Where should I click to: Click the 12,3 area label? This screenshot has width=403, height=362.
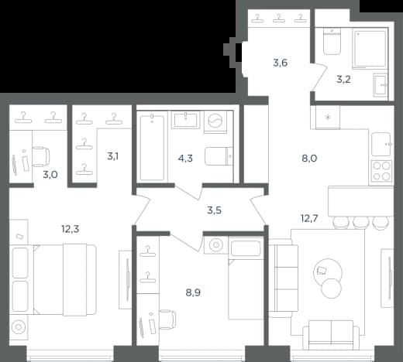(71, 229)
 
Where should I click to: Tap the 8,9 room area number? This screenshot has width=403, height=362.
(193, 292)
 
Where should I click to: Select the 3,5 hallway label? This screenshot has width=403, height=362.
(214, 210)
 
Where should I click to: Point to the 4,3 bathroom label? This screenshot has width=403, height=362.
(185, 158)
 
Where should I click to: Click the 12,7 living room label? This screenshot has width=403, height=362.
(309, 219)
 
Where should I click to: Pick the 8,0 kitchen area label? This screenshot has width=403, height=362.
(309, 159)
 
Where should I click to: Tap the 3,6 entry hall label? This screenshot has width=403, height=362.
(281, 63)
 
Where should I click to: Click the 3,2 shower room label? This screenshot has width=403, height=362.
(343, 80)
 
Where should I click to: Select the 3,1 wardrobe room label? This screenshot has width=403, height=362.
(113, 156)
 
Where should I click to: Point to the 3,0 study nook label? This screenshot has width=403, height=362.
(50, 175)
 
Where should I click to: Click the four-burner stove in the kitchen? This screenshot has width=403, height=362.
(381, 170)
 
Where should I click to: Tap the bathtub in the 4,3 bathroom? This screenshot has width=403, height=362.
(152, 148)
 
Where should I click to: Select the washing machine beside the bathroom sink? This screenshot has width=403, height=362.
(215, 122)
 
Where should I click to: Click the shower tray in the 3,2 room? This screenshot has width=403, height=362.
(371, 49)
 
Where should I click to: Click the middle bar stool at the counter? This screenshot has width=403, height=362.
(361, 222)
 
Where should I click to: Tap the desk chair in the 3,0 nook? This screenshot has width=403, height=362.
(41, 156)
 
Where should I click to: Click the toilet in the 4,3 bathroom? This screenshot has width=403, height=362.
(219, 156)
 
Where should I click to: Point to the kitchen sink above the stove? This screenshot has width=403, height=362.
(381, 145)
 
